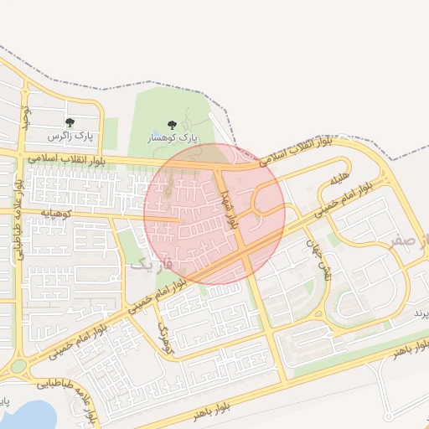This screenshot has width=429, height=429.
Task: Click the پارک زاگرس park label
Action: (71, 136)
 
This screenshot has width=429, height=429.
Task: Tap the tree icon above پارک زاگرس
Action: (70, 123)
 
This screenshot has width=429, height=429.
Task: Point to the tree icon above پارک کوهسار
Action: (173, 124)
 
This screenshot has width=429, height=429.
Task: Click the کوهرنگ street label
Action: (164, 336)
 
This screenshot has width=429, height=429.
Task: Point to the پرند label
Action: (420, 313)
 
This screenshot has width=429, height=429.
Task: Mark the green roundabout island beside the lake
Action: (18, 367)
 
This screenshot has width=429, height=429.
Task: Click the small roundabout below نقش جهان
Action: (319, 314)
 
